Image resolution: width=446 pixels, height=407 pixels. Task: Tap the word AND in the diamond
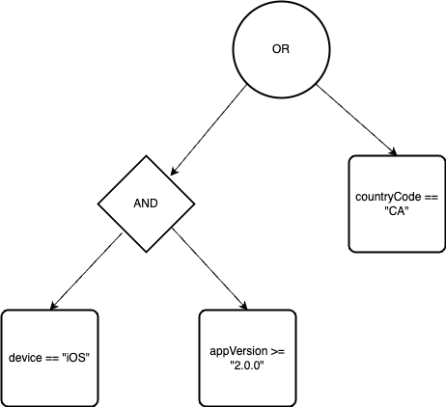tap(147, 204)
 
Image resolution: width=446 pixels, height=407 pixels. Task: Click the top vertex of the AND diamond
tap(147, 158)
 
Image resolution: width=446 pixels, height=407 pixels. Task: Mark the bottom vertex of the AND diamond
tap(147, 250)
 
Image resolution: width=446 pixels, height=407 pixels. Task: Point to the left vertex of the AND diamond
tap(100, 203)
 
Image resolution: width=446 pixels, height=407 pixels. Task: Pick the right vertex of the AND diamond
tap(193, 203)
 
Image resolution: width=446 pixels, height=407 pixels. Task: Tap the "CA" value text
tap(397, 211)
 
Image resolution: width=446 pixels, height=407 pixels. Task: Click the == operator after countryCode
tap(430, 197)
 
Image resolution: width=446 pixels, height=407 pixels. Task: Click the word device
tap(25, 358)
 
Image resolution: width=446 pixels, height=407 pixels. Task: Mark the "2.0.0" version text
tap(246, 366)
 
